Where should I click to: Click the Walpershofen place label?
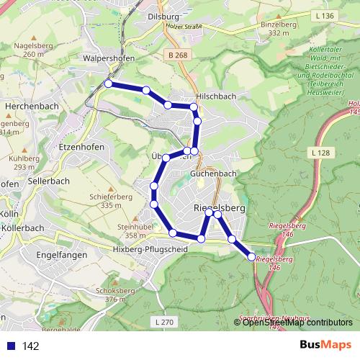(x=110, y=58)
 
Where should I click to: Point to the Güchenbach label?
(x=214, y=174)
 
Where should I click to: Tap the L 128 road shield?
(x=321, y=153)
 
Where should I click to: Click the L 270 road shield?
(x=163, y=322)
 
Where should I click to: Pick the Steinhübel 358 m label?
(x=131, y=230)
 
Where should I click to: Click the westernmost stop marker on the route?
(x=108, y=84)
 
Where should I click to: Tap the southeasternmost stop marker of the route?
(x=251, y=256)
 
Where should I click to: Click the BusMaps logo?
(x=326, y=345)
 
